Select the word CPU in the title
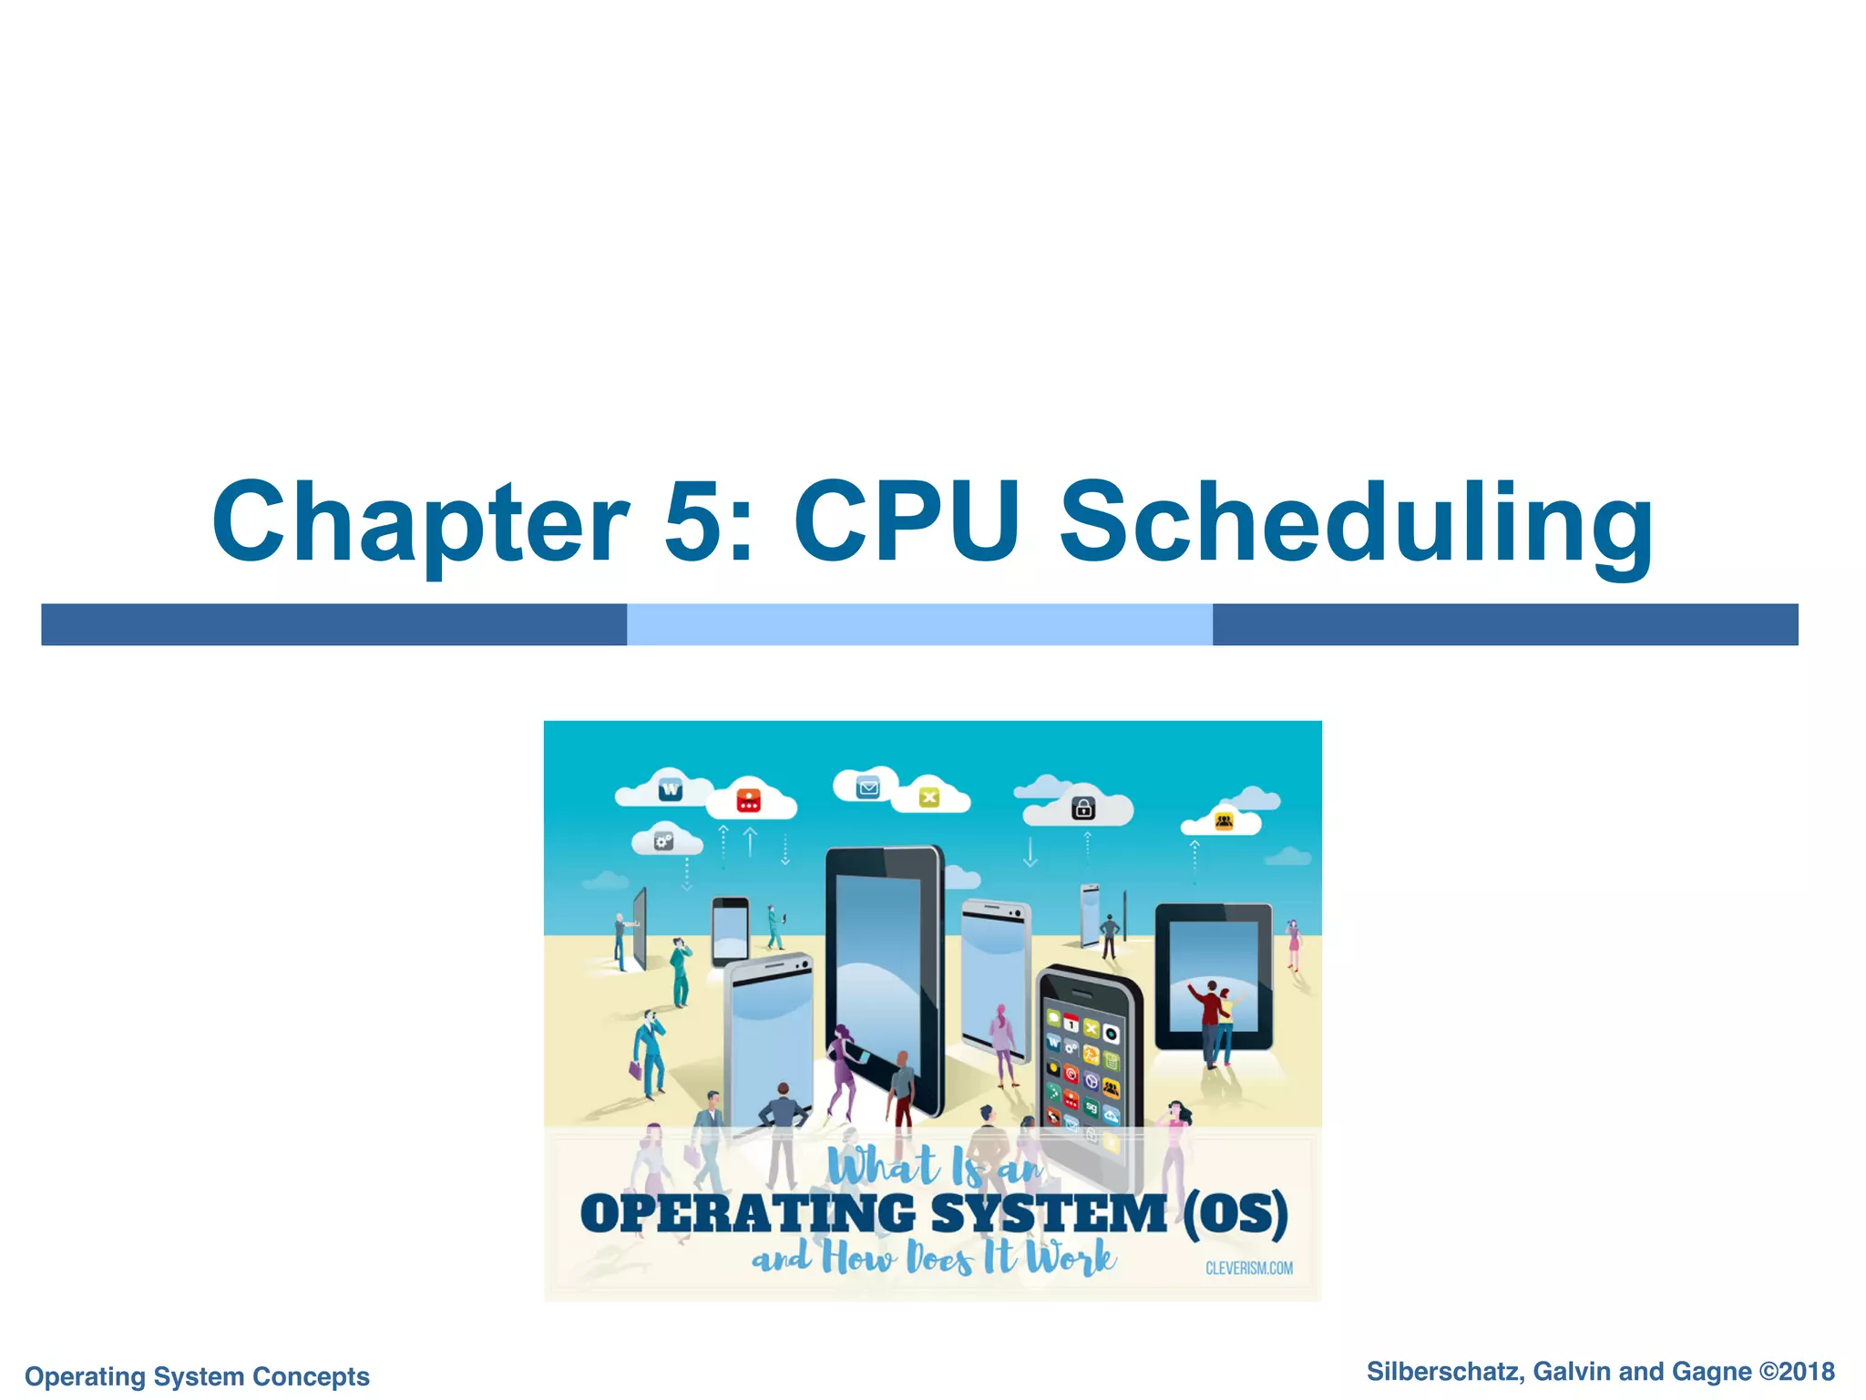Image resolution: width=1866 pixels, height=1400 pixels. click(906, 523)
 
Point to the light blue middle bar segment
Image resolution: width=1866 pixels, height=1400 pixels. click(919, 624)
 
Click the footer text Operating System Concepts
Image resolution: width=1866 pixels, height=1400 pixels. click(197, 1375)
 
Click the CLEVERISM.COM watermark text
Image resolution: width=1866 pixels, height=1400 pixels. click(1248, 1268)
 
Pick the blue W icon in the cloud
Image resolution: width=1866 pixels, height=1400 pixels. click(671, 789)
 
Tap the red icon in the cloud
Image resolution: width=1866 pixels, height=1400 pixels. click(748, 800)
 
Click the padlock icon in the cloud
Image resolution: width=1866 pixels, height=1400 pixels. click(1082, 808)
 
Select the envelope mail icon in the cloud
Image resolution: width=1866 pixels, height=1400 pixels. click(867, 787)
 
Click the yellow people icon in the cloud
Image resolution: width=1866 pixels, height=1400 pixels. click(1224, 822)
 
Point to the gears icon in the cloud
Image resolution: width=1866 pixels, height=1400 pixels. click(664, 841)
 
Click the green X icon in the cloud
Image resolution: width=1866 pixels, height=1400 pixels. click(928, 798)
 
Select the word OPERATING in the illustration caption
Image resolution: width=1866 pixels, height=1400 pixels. click(747, 1214)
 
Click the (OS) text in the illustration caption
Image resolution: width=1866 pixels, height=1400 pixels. click(1235, 1214)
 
